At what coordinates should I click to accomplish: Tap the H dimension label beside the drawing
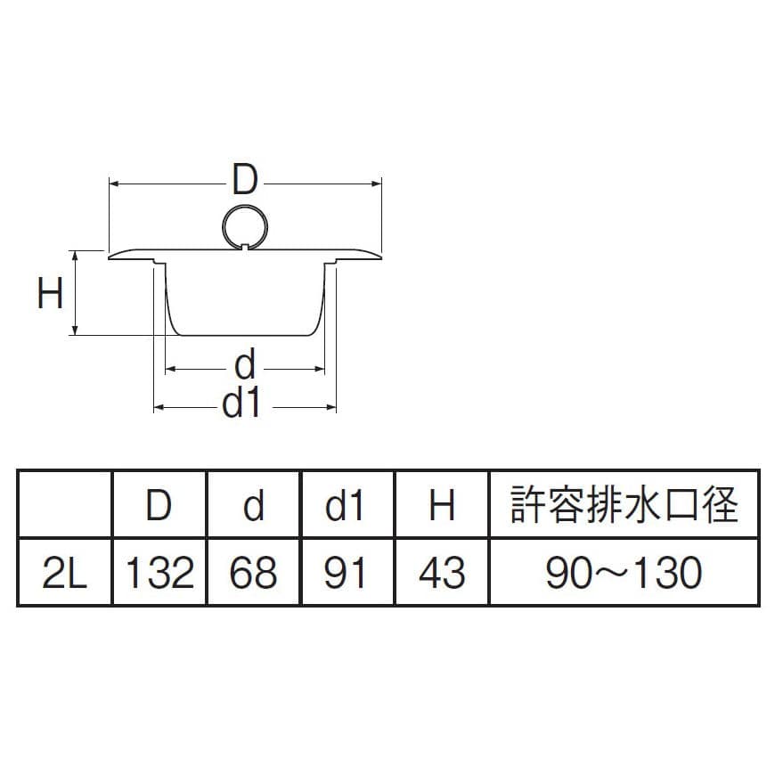51,292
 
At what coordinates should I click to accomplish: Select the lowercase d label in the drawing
245,365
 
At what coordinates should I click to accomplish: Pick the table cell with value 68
254,573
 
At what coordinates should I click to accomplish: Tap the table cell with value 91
347,573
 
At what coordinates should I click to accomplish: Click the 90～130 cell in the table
624,573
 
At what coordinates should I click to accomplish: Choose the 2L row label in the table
64,573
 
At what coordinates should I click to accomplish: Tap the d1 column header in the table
347,505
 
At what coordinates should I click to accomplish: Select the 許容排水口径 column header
624,505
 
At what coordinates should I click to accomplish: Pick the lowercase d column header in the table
254,505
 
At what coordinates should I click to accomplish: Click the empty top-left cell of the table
64,505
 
